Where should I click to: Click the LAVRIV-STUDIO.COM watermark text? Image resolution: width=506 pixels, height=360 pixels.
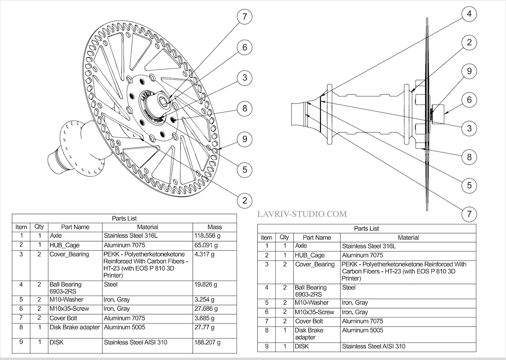coord(302,214)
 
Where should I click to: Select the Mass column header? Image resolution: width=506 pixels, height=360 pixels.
coord(215,227)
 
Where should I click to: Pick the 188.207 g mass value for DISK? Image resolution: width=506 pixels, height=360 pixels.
coord(208,343)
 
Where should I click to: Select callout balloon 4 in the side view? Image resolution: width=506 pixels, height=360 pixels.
coord(469,14)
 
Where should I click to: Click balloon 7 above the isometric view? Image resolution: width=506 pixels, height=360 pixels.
coord(245,17)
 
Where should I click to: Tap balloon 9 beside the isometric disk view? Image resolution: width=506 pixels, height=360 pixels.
coord(245,139)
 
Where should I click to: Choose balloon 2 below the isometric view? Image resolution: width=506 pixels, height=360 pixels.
coord(245,200)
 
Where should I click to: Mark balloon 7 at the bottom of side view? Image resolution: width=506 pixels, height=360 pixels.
coord(469,215)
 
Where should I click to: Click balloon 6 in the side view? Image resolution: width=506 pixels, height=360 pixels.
coord(469,100)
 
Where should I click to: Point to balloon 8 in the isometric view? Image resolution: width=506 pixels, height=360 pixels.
coord(245,109)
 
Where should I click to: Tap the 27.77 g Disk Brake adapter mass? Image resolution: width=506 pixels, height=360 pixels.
coord(204,327)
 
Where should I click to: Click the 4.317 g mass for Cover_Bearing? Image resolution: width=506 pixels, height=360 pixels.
coord(204,255)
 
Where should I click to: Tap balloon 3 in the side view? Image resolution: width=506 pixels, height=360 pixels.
coord(469,127)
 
